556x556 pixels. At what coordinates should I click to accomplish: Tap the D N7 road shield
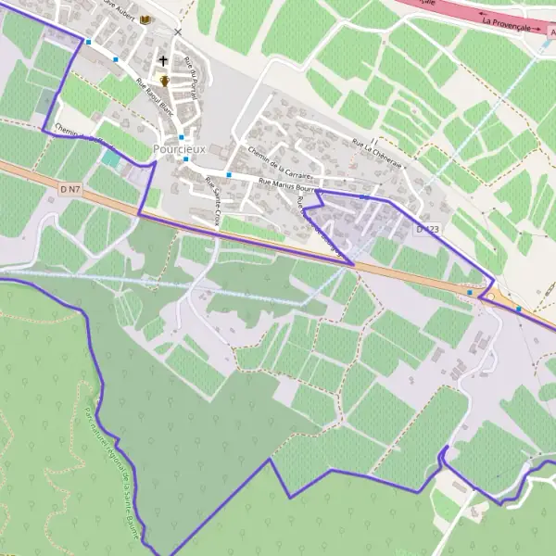click(x=70, y=189)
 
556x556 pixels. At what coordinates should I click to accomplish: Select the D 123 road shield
click(x=425, y=228)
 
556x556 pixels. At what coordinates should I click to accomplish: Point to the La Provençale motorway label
click(x=512, y=24)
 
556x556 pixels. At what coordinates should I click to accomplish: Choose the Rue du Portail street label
click(x=192, y=78)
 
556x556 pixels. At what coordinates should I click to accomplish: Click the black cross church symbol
click(x=163, y=61)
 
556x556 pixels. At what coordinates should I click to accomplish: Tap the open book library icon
click(x=146, y=19)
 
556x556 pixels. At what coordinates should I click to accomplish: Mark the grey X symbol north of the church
click(x=178, y=32)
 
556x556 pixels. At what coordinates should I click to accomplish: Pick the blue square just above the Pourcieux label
click(x=182, y=137)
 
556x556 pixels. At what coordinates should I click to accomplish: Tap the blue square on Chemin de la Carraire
click(x=228, y=174)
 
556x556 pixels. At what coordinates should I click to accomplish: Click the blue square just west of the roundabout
click(x=470, y=293)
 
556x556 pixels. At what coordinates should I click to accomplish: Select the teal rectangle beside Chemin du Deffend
click(x=111, y=158)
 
